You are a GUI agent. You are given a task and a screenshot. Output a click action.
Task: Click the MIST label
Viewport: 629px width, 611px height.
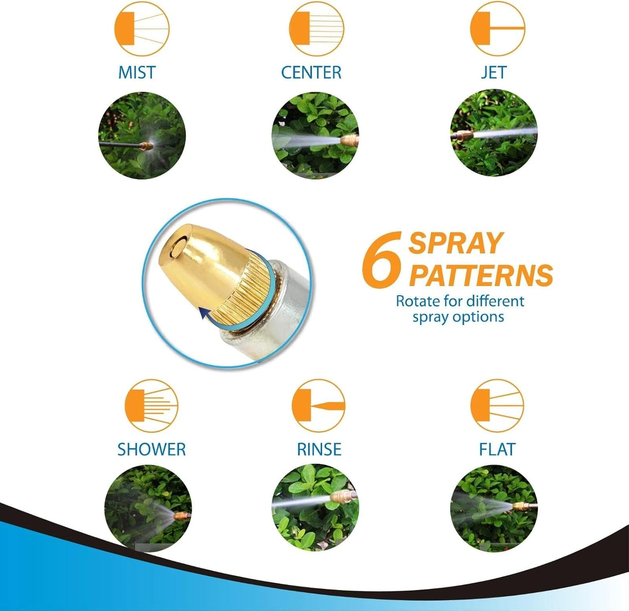click(x=137, y=72)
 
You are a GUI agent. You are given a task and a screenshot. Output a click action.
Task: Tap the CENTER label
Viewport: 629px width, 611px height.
click(x=311, y=72)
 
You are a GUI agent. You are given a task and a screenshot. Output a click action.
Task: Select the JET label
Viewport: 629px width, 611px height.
click(x=494, y=72)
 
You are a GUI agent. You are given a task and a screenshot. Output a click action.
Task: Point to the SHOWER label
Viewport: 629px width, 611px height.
click(x=151, y=449)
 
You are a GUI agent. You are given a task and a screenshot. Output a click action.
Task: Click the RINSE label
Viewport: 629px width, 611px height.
click(x=319, y=449)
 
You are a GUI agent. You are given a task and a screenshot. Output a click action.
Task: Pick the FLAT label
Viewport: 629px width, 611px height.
click(x=497, y=449)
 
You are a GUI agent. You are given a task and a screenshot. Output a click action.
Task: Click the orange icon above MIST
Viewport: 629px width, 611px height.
click(x=142, y=29)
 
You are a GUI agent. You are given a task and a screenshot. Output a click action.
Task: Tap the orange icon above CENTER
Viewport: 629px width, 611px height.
click(x=317, y=29)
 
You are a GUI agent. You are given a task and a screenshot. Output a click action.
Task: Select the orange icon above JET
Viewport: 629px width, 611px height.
click(x=498, y=29)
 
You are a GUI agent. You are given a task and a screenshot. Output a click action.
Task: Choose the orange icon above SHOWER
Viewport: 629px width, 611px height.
click(x=151, y=406)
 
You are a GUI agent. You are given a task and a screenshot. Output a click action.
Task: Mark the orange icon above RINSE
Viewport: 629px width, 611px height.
click(x=318, y=406)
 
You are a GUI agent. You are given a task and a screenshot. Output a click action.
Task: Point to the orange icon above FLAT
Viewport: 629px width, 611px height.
click(x=497, y=406)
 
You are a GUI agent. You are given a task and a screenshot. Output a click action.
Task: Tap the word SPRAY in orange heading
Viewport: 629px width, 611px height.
click(x=455, y=243)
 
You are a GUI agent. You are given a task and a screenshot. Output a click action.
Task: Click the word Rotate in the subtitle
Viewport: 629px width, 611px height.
click(x=418, y=301)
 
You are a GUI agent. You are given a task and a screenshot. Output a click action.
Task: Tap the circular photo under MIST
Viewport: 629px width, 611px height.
click(x=142, y=135)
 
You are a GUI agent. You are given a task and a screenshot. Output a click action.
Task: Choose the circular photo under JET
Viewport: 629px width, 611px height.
click(x=494, y=133)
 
